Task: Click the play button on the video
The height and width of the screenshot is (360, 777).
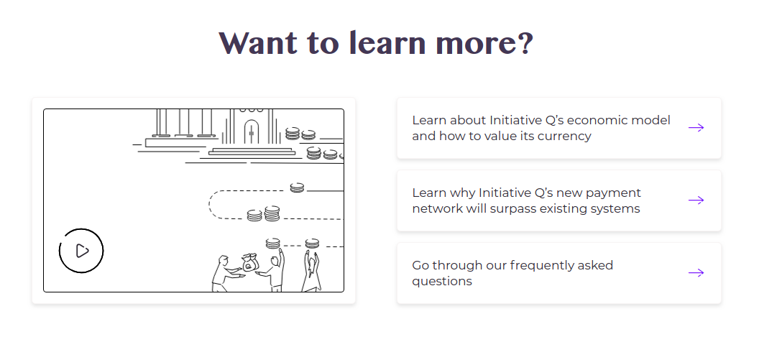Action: tap(81, 251)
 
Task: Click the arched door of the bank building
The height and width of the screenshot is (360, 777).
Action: tap(252, 131)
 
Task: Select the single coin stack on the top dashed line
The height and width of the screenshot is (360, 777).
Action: tap(297, 188)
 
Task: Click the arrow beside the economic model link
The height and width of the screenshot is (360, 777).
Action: tap(696, 128)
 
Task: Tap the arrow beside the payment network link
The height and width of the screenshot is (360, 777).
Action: tap(696, 200)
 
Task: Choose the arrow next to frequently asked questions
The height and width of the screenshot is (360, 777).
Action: tap(696, 272)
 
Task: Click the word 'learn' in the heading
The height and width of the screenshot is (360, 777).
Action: tap(387, 42)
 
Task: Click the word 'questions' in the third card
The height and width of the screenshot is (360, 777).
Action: tap(442, 282)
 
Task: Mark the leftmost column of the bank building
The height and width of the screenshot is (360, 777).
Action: tap(161, 122)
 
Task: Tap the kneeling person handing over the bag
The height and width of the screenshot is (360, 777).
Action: tap(226, 274)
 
